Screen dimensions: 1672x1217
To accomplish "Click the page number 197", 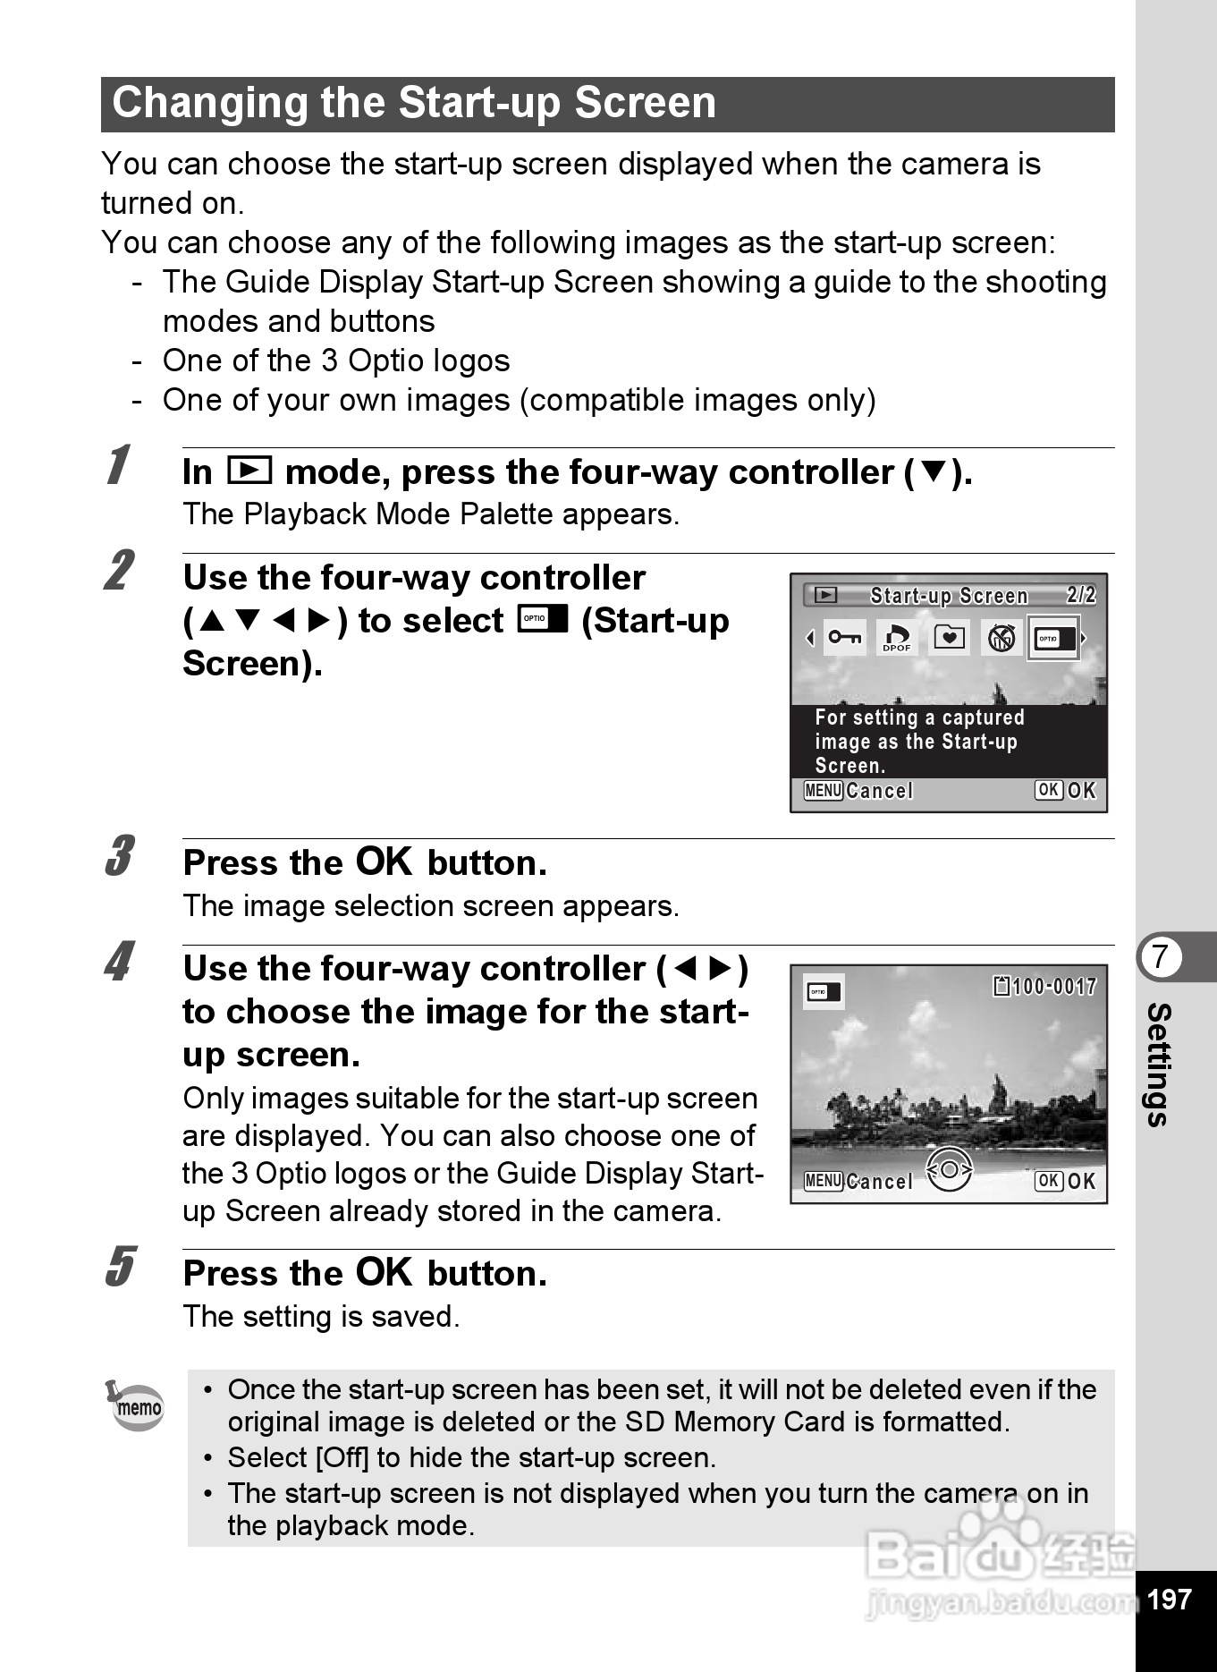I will pos(1169,1600).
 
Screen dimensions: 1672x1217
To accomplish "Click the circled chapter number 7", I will pos(1160,956).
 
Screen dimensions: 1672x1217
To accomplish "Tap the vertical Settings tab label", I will pos(1159,1065).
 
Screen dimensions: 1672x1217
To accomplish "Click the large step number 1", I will pos(116,466).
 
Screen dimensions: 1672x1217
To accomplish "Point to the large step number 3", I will pos(119,856).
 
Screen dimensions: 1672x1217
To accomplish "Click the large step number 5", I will pos(119,1267).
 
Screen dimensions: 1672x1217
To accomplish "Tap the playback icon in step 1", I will pos(249,470).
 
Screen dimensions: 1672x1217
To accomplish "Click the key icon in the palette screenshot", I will pos(844,638).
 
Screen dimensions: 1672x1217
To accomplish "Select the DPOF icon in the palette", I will pos(896,638).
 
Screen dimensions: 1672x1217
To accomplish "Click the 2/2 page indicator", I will pos(1080,596).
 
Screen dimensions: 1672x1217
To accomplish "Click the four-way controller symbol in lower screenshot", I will pos(949,1170).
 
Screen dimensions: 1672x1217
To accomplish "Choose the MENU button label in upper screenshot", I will pos(823,791).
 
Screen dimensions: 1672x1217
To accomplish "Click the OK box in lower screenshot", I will pos(1048,1181).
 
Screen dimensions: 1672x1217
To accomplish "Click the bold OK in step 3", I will pos(384,861).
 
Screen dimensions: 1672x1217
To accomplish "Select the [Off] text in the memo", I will pos(342,1458).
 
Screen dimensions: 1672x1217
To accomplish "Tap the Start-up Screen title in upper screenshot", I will pos(949,596).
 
